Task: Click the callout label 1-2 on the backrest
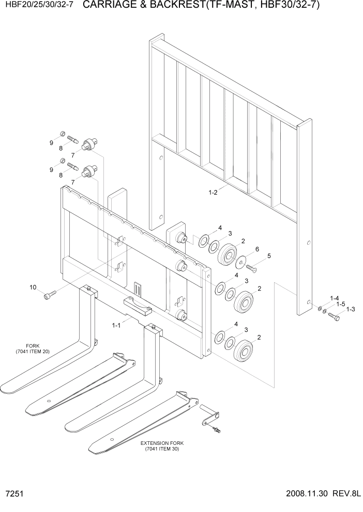[x=213, y=193]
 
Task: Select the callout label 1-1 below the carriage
[x=116, y=325]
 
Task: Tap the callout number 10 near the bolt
[x=33, y=287]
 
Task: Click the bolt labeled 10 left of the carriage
[x=49, y=295]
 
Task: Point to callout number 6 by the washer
[x=258, y=249]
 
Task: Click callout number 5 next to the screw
[x=269, y=255]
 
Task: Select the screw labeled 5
[x=251, y=267]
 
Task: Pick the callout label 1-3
[x=351, y=309]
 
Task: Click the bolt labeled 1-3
[x=334, y=317]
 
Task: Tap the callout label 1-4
[x=335, y=298]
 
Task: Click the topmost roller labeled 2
[x=228, y=254]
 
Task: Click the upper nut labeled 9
[x=62, y=135]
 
